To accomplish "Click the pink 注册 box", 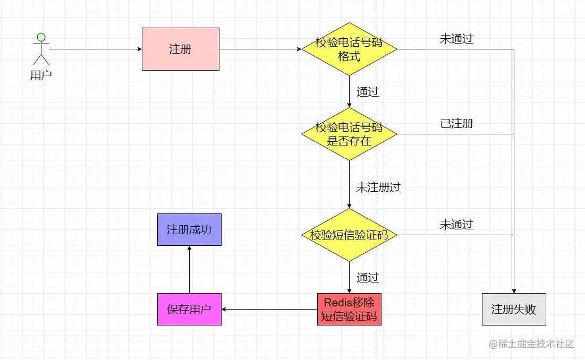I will pos(181,49).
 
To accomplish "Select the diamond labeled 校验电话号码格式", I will pos(349,49).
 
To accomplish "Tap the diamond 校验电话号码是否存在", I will pos(349,134).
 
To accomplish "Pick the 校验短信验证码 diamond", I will pos(349,235).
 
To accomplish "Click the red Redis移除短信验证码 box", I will pos(349,310).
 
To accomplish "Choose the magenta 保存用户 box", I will pos(189,310).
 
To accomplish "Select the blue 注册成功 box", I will pos(189,229).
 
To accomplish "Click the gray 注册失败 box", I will pos(514,310).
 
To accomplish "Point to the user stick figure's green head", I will pos(41,37).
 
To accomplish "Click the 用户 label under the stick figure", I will pos(41,75).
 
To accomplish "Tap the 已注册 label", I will pos(456,124).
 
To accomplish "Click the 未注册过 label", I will pos(378,187).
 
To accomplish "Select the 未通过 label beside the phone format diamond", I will pos(456,39).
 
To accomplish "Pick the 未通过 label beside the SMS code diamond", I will pos(456,225).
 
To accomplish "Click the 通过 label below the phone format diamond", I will pos(368,92).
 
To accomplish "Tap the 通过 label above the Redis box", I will pos(368,278).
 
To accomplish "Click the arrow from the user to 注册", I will pos(96,49).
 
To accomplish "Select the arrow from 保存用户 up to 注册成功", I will pos(190,269).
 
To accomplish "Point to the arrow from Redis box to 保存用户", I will pos(269,309).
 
